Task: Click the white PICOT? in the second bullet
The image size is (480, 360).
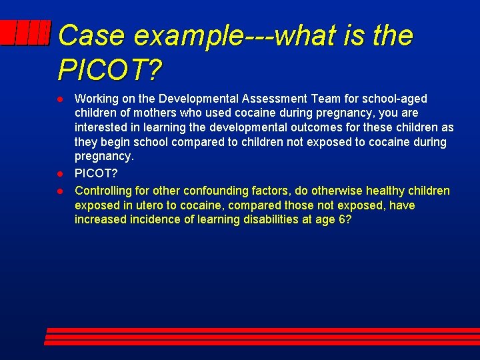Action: (96, 173)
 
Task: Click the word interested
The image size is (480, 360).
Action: (100, 128)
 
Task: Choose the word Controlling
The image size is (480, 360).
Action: (104, 191)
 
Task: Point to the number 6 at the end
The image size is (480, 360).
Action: (343, 220)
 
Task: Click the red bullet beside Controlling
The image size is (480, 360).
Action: (59, 191)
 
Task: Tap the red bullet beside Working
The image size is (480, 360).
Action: (59, 99)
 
